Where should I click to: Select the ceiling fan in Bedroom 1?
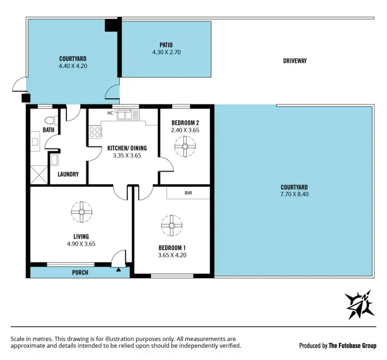171,225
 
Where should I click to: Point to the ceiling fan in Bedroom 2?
184,149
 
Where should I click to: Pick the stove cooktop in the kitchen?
95,132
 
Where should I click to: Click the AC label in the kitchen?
110,112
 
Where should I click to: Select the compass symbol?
360,304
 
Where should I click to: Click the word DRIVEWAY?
295,61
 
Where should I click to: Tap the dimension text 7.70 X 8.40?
294,194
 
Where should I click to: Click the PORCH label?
80,272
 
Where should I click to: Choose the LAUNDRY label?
68,174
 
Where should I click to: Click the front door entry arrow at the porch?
119,269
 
